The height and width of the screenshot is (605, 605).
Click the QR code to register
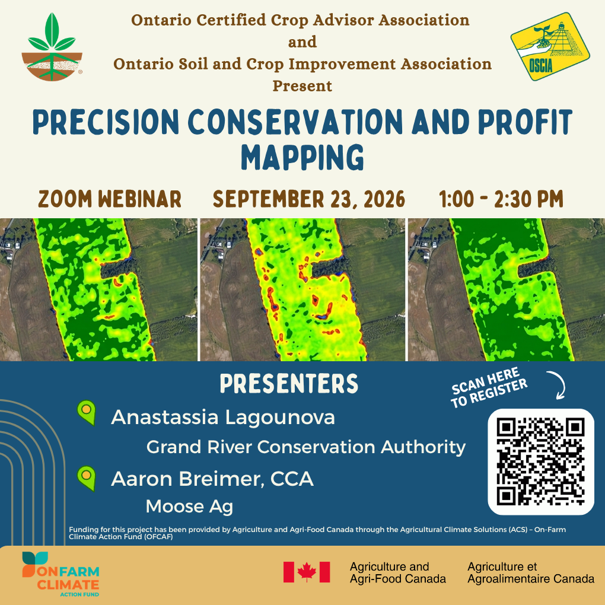click(x=540, y=462)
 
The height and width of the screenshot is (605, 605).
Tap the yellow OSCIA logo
click(x=550, y=46)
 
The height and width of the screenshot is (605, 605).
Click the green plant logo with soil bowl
click(x=52, y=47)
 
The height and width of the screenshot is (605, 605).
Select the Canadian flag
click(x=307, y=572)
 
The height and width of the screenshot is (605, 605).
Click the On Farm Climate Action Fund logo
click(x=60, y=574)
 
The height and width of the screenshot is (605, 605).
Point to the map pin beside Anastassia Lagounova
click(x=87, y=412)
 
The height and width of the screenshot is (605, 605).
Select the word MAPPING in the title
click(x=302, y=157)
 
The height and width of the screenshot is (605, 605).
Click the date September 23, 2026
click(x=308, y=199)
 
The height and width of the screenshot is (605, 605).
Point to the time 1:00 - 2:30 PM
click(x=501, y=199)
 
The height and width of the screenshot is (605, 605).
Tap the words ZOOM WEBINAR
click(x=110, y=199)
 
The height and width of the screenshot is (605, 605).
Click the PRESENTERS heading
click(x=289, y=383)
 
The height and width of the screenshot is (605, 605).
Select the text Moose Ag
click(x=189, y=506)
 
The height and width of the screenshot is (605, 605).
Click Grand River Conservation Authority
click(x=306, y=447)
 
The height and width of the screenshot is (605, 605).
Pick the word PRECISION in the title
click(x=106, y=122)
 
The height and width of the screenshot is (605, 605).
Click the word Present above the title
click(x=302, y=85)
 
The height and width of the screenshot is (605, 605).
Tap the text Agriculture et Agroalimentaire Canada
click(x=531, y=572)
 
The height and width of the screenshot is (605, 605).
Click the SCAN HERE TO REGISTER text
click(x=489, y=387)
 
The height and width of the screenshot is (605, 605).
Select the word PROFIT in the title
click(x=525, y=122)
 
